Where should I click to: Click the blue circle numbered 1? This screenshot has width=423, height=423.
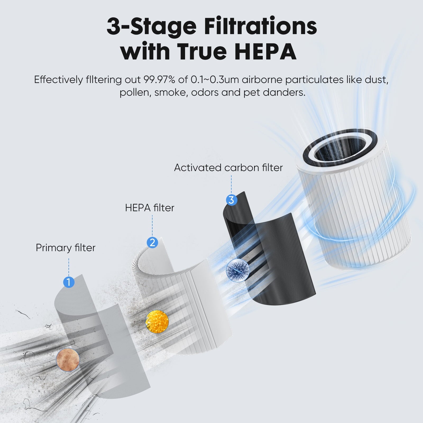(69, 282)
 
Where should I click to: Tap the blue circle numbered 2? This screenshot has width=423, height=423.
(152, 242)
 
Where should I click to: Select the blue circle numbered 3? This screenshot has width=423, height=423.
(231, 200)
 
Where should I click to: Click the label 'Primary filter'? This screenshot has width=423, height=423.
(66, 248)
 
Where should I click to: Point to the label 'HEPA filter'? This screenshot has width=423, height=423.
(150, 208)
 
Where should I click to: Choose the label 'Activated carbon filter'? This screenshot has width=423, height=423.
(228, 168)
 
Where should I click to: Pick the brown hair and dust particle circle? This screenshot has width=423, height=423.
(68, 360)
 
